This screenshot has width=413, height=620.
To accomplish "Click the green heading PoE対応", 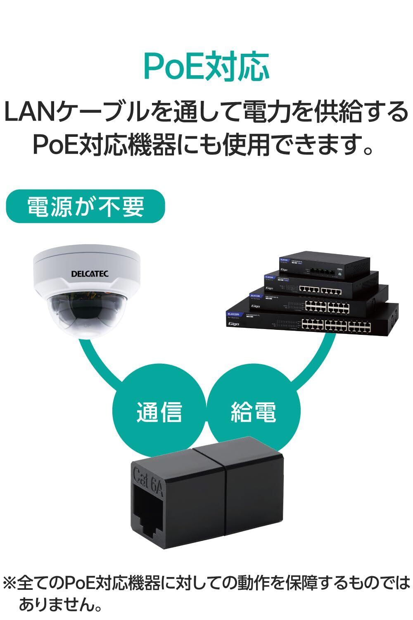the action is point(206,67).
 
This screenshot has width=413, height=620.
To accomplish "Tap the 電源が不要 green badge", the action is point(85,206).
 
